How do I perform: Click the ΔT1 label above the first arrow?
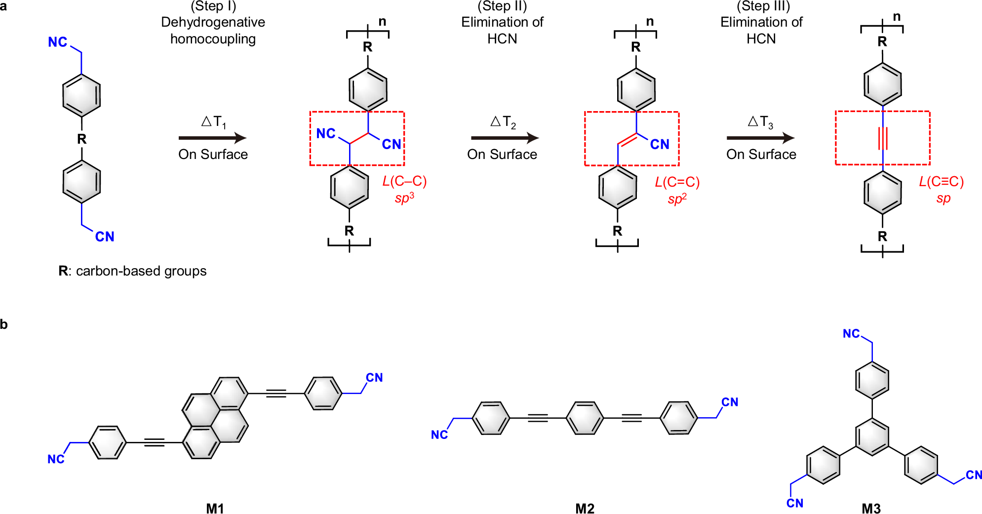click(214, 122)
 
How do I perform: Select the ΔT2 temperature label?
click(503, 122)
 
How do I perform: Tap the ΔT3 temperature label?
click(760, 122)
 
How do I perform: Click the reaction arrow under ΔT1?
click(213, 138)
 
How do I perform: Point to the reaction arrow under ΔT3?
click(760, 138)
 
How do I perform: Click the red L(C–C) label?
click(404, 181)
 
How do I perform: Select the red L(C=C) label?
click(677, 182)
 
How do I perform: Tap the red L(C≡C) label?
click(941, 182)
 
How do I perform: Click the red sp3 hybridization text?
click(404, 198)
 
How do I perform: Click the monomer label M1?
click(215, 508)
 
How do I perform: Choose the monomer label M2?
click(585, 508)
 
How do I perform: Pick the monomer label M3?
click(871, 508)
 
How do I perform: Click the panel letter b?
click(4, 324)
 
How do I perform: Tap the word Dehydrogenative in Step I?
click(213, 22)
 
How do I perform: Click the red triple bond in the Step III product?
click(883, 138)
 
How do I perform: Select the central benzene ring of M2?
click(585, 418)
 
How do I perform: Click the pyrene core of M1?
click(215, 418)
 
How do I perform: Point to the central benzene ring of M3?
click(872, 437)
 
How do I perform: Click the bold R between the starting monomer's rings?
click(82, 139)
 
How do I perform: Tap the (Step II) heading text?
click(502, 6)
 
